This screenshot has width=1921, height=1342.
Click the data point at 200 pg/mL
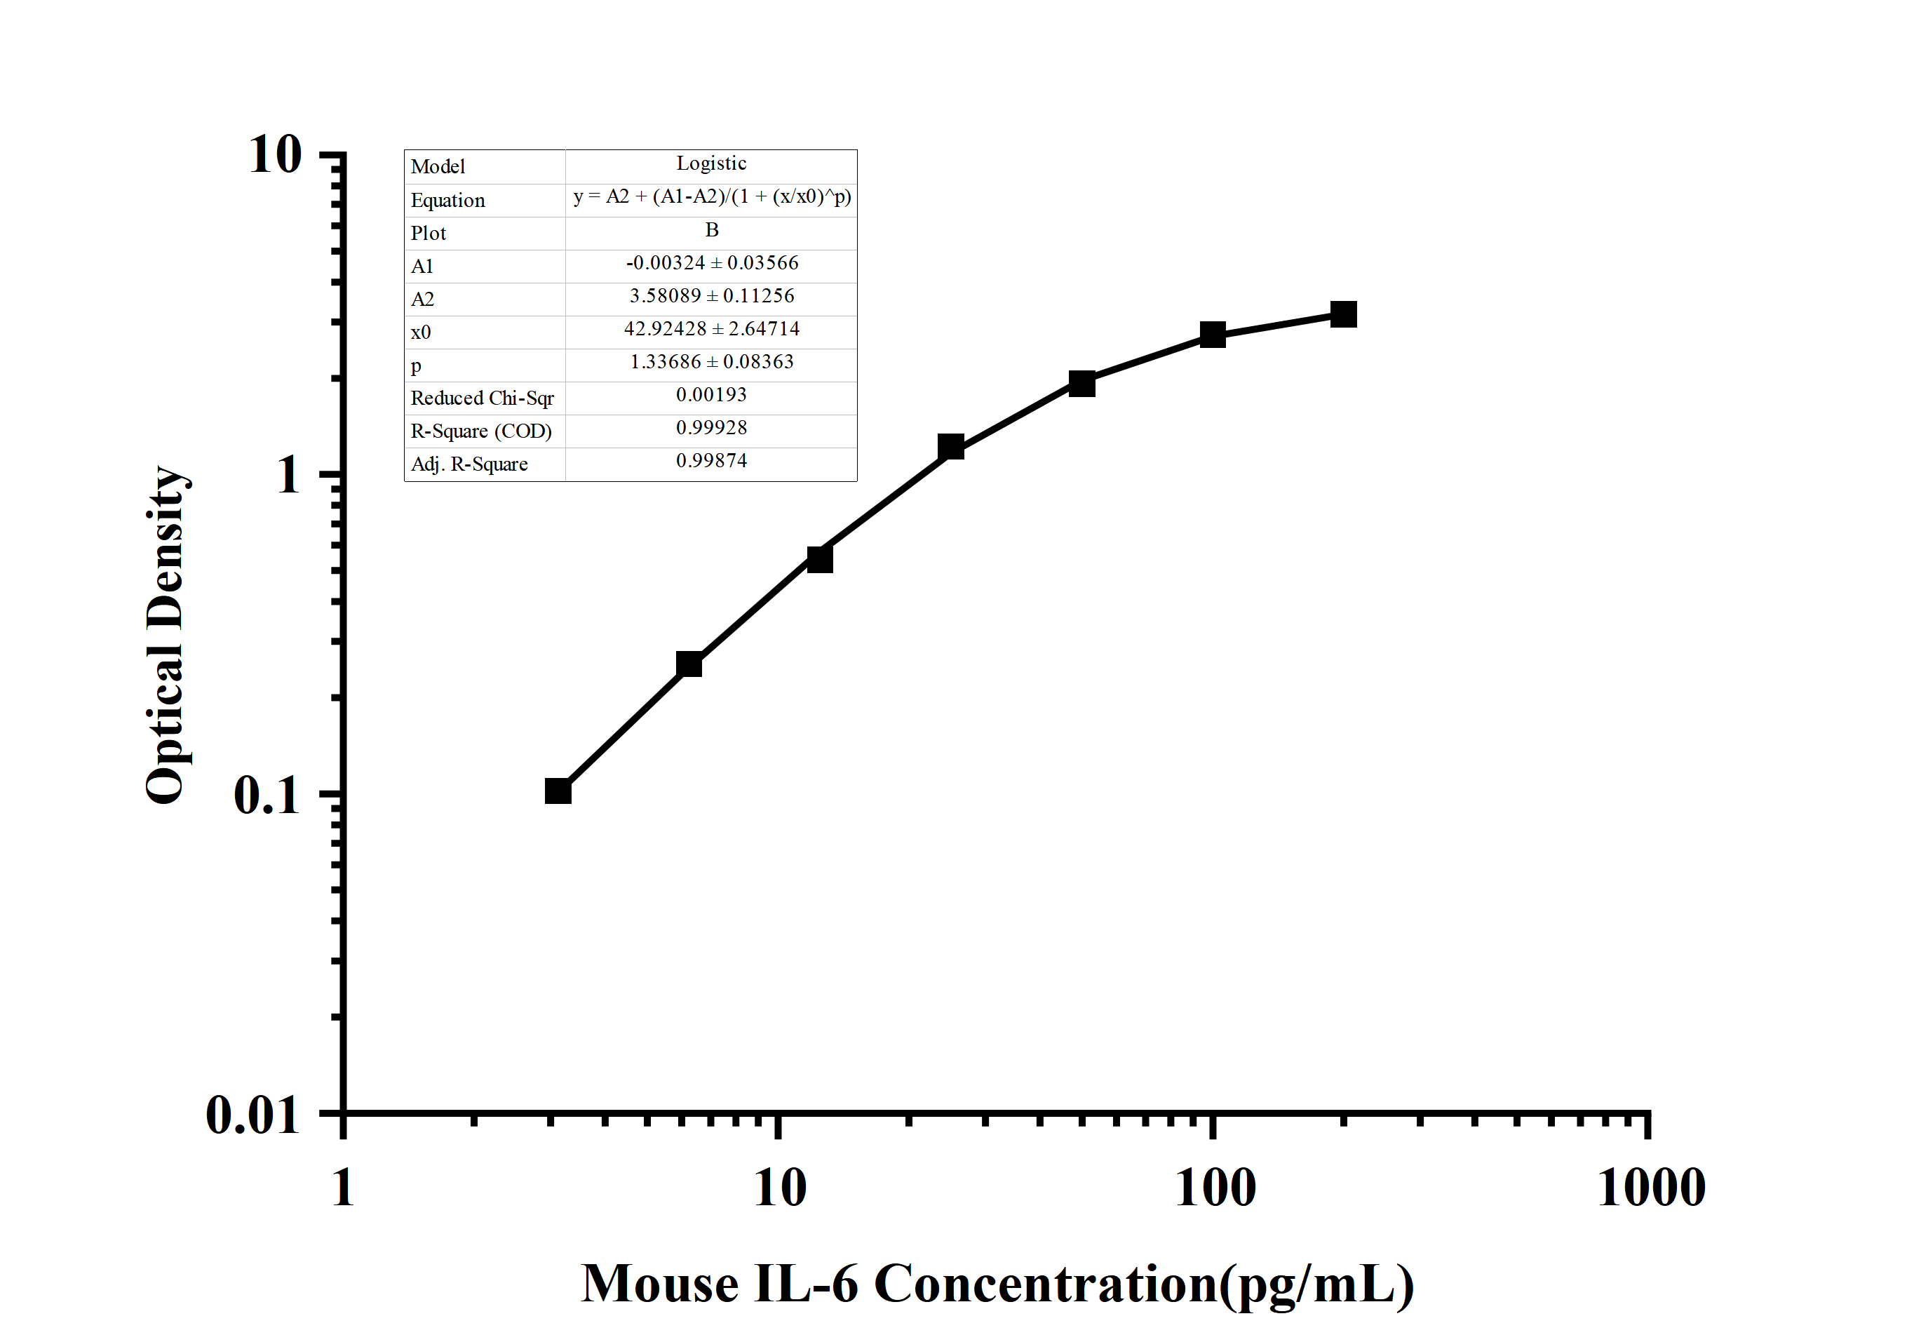tap(1343, 314)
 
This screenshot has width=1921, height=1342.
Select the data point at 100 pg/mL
tap(1213, 335)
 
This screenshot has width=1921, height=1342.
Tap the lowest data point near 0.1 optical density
tap(558, 791)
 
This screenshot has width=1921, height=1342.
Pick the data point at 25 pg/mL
tap(950, 447)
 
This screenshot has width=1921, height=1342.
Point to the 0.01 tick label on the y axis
tap(252, 1115)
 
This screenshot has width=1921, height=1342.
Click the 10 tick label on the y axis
tap(275, 155)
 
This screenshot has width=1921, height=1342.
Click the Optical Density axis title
tap(165, 636)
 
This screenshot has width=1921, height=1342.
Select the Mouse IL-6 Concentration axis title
tap(997, 1284)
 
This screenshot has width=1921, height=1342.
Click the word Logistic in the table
tap(711, 163)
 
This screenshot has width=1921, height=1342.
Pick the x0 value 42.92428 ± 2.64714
tap(711, 329)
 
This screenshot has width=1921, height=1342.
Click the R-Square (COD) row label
tap(481, 431)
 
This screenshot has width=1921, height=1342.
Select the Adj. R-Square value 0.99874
tap(711, 461)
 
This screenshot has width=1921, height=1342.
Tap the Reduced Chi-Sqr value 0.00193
tap(711, 395)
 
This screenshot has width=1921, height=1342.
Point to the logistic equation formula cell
tap(712, 196)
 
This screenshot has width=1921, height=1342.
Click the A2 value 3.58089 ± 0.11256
tap(711, 296)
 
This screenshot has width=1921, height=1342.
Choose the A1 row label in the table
tap(422, 266)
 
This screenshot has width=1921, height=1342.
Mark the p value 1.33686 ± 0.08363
tap(711, 361)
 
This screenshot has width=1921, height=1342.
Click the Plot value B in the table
tap(712, 230)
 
